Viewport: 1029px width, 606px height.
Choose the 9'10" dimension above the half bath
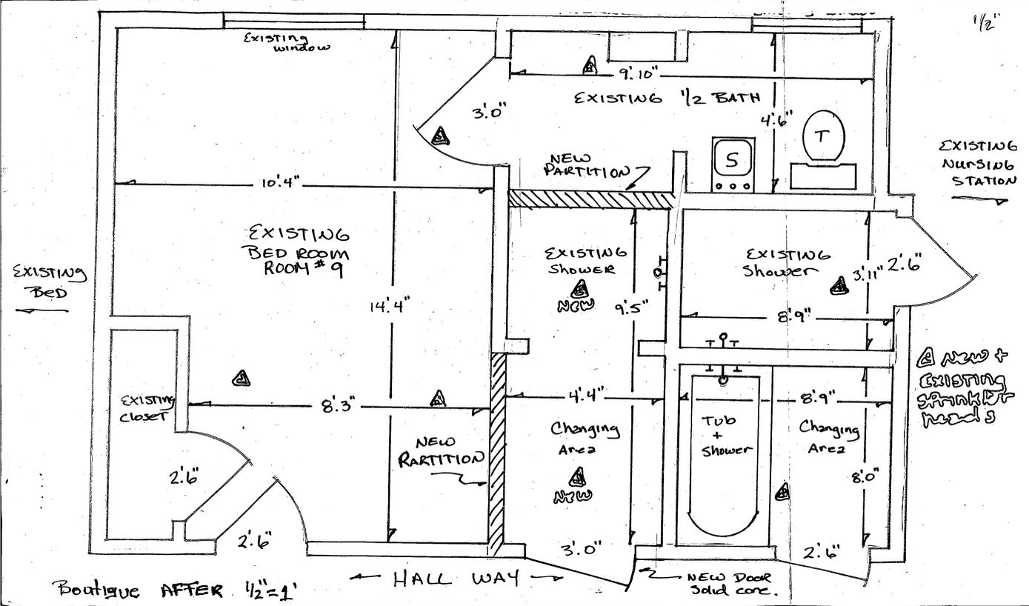tap(639, 73)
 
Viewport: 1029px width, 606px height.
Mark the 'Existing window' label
tap(287, 42)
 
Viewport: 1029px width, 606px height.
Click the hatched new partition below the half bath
tap(590, 199)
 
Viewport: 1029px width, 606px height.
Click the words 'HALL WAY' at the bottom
tap(453, 578)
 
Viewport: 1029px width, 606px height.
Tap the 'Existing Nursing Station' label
tap(977, 163)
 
